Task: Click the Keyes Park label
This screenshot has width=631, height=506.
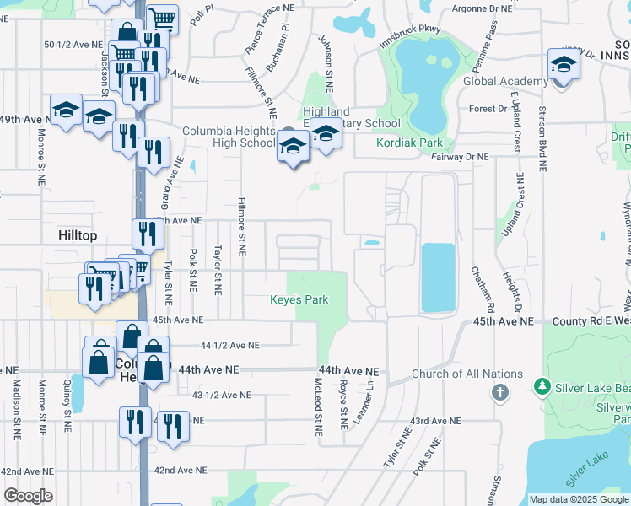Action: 299,299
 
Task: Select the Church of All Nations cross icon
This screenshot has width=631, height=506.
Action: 500,392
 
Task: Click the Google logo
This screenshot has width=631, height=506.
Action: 28,496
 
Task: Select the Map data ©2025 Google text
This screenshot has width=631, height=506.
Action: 578,499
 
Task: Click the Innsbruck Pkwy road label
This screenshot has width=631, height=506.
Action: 410,40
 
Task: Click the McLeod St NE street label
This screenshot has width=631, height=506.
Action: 318,406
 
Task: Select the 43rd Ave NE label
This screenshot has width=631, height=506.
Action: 435,420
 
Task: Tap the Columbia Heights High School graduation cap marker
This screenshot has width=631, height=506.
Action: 293,147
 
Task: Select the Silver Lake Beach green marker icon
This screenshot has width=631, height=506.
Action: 542,387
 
